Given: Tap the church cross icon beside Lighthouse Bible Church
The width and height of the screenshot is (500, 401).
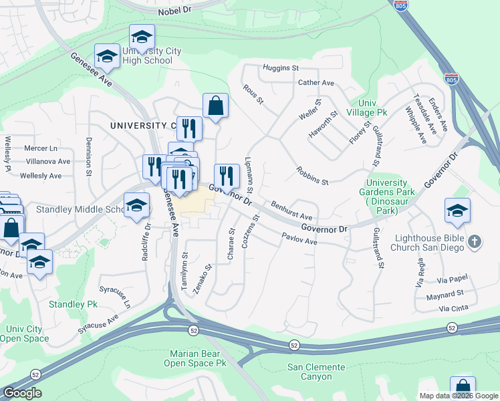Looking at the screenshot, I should coord(474,241).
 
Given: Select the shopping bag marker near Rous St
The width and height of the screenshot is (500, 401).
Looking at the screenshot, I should coord(215,106).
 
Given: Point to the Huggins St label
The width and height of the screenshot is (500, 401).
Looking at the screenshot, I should coord(280,68).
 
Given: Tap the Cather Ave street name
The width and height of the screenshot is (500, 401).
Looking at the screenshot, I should coord(316,83).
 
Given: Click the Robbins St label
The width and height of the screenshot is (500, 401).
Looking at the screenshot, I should coord(312,176).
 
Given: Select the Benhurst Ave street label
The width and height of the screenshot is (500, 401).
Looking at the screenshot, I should coord(291,211).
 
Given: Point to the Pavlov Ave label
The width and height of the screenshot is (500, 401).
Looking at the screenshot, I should coord(299,238).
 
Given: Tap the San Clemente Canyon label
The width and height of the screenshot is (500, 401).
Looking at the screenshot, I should coord(316,372).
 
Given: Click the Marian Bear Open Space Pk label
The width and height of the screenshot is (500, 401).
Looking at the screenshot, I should coord(197,358).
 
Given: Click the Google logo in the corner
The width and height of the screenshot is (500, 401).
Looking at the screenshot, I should coord(22,393).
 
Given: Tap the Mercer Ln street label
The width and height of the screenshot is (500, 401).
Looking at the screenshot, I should coord(41,148).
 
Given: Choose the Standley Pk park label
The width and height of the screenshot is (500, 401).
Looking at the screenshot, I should coord(73,304).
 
